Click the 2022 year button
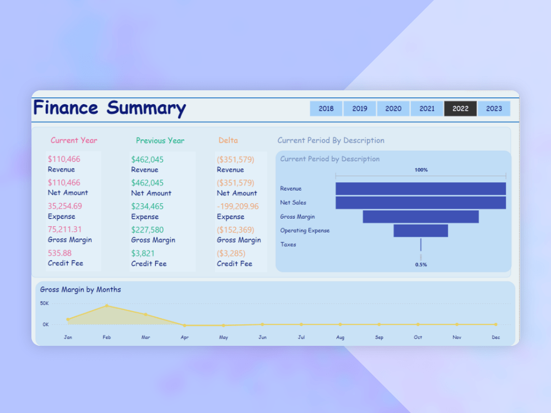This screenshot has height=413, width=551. pyautogui.click(x=460, y=108)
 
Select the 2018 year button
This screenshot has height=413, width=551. pyautogui.click(x=326, y=108)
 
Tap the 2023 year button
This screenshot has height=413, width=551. pyautogui.click(x=494, y=108)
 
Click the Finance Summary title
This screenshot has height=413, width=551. pyautogui.click(x=110, y=108)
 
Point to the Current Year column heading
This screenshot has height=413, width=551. pyautogui.click(x=74, y=140)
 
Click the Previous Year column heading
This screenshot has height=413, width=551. pyautogui.click(x=160, y=141)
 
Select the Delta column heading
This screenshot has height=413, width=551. pyautogui.click(x=228, y=140)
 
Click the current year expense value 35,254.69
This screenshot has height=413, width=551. pyautogui.click(x=65, y=206)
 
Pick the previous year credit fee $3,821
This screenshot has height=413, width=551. pyautogui.click(x=143, y=254)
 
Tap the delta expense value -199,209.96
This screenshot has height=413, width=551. pyautogui.click(x=237, y=206)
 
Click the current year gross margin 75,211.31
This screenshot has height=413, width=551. pyautogui.click(x=65, y=230)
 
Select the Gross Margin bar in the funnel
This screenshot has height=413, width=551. pyautogui.click(x=420, y=217)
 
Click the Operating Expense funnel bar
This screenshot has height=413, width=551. pyautogui.click(x=420, y=231)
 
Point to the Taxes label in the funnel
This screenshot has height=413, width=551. pyautogui.click(x=288, y=244)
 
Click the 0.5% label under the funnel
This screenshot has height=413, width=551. pyautogui.click(x=421, y=265)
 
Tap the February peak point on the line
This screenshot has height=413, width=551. pyautogui.click(x=106, y=306)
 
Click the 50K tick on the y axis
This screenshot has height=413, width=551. pyautogui.click(x=44, y=303)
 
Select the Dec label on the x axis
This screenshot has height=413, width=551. pyautogui.click(x=496, y=337)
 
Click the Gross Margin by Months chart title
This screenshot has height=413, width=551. pyautogui.click(x=80, y=290)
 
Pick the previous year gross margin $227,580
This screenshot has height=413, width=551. pyautogui.click(x=147, y=230)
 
